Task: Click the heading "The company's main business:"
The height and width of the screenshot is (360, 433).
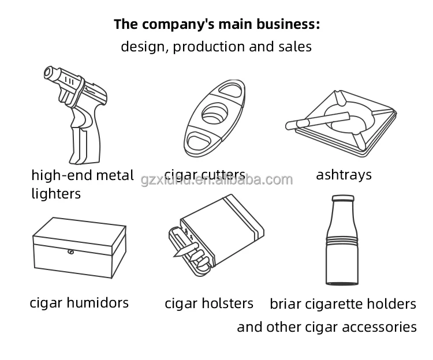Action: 216,24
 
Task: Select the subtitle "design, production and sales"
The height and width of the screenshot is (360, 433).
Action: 216,47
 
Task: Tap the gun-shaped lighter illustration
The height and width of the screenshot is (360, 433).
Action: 81,115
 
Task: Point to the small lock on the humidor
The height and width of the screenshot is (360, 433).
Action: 70,252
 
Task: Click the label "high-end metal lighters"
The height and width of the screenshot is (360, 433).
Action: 82,183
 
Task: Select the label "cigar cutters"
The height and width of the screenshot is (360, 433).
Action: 204,175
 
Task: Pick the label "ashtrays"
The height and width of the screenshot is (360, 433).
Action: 344,174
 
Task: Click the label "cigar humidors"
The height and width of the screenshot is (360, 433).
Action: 79,302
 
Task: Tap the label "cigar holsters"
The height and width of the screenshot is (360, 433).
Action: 209,303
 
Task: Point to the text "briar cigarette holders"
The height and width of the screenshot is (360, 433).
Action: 343,303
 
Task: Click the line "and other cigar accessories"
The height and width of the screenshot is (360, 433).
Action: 326,327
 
